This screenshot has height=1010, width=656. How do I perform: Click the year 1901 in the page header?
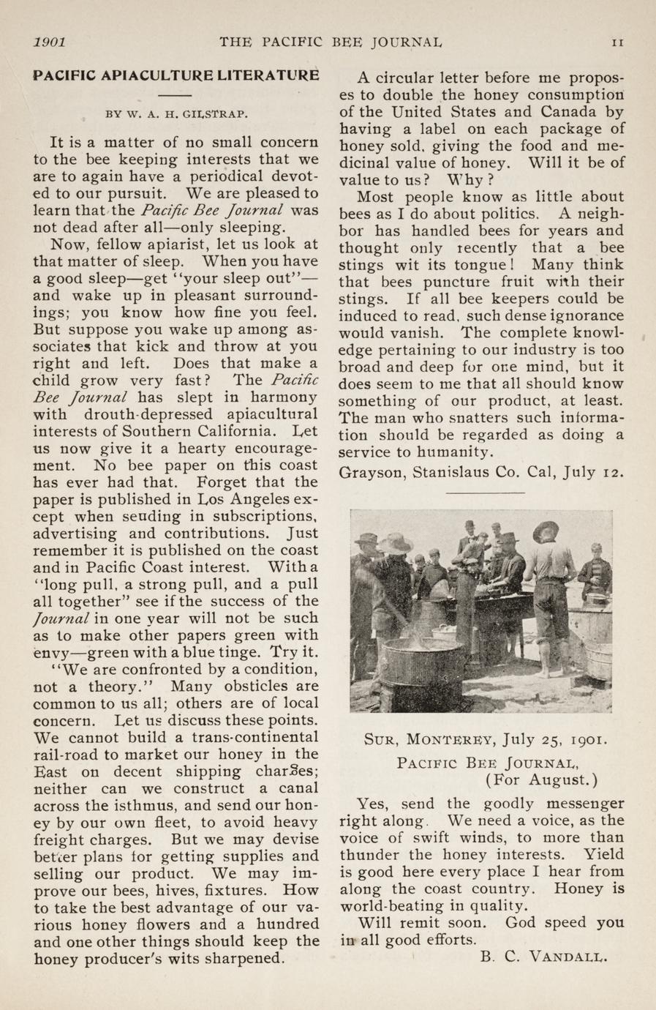tap(50, 42)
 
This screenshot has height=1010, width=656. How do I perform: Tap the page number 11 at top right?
tap(617, 42)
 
